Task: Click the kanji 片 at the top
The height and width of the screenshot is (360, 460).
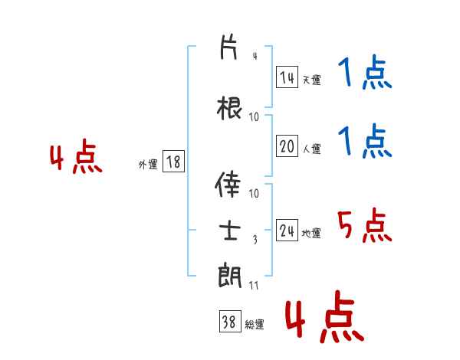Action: point(228,47)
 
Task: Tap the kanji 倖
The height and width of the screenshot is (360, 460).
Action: point(228,184)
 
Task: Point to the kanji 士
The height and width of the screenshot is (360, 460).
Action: point(230,231)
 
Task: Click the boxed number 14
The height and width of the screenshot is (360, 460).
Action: point(287,77)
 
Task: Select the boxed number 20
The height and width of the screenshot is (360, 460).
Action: point(287,146)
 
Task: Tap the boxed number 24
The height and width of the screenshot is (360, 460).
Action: point(287,230)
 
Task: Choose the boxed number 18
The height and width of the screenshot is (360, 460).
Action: point(173,162)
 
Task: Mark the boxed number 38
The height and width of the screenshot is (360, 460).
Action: point(230,321)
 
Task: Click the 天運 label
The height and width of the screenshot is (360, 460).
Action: point(311,80)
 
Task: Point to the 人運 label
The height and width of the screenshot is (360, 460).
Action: point(311,149)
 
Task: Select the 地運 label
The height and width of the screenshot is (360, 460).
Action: point(311,233)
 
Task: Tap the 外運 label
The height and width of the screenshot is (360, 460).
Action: point(148,165)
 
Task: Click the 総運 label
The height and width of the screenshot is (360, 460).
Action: point(255,325)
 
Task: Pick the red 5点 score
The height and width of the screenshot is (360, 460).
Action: point(365,225)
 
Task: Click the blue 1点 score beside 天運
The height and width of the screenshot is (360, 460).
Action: point(365,72)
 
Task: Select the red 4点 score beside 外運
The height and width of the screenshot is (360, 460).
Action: point(76,156)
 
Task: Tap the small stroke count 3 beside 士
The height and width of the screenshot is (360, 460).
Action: point(255,240)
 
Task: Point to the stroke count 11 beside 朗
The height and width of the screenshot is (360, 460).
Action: point(254,285)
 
